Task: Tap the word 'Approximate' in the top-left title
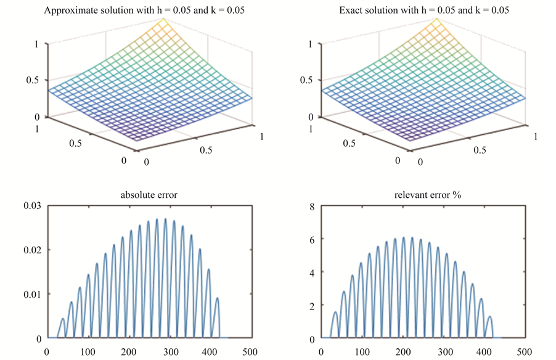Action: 68,10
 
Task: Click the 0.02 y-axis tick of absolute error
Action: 32,250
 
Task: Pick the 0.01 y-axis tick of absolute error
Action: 32,294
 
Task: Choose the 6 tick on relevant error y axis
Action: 312,239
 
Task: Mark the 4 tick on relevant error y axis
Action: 312,272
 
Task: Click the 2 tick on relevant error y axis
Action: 312,306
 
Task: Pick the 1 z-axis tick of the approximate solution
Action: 38,44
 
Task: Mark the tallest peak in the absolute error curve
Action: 165,219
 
